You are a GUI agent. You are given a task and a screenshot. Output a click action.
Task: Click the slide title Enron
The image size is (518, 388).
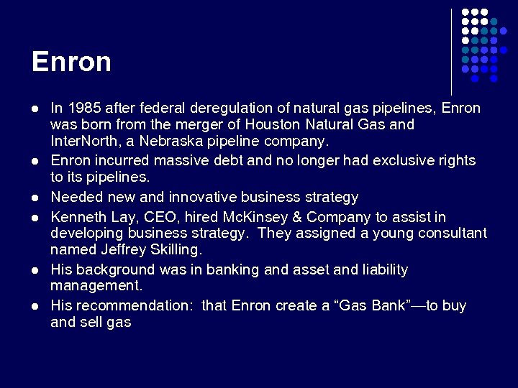tap(71, 62)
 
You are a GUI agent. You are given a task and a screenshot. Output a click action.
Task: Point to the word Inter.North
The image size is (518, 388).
tap(80, 140)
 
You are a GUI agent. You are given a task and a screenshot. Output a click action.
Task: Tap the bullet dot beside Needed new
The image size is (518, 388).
tap(34, 198)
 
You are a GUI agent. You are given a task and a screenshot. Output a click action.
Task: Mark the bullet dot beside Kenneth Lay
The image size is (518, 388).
tap(34, 218)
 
